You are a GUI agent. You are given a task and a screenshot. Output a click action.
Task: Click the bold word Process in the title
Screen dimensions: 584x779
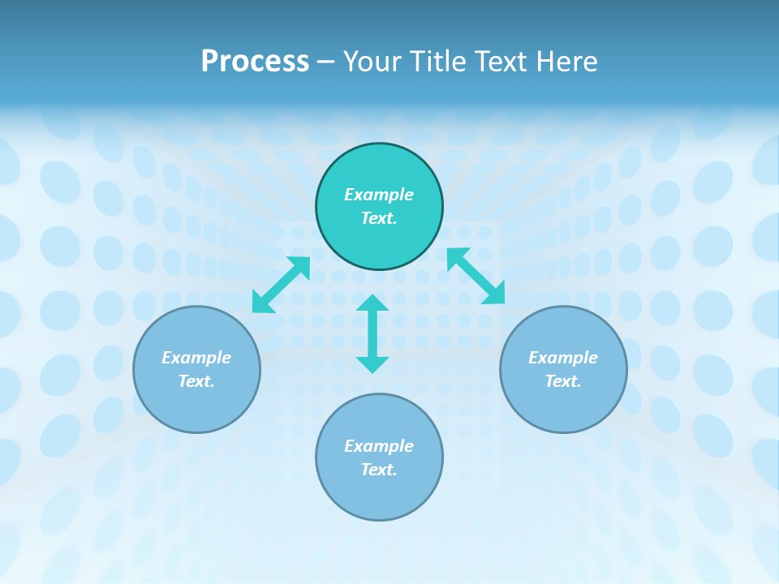255,62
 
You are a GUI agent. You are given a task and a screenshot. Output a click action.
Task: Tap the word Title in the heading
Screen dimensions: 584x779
435,62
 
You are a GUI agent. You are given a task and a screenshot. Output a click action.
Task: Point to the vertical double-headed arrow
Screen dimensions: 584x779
372,334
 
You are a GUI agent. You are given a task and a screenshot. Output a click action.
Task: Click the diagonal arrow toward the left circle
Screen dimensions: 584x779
281,285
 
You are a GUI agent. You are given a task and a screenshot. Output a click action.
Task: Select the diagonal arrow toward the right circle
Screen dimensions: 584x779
476,276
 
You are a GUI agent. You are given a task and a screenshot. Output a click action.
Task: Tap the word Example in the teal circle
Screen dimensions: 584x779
379,195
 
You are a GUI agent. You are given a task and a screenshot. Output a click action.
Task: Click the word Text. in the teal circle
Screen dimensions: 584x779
379,218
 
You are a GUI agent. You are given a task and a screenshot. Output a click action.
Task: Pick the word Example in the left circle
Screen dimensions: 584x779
196,358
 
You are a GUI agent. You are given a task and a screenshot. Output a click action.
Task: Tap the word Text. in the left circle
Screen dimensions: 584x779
196,381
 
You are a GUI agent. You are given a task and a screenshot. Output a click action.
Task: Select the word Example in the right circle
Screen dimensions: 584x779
563,358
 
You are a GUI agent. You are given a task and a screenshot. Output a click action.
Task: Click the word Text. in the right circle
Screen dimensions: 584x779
563,381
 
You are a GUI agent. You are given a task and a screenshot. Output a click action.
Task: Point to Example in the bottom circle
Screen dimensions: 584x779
379,446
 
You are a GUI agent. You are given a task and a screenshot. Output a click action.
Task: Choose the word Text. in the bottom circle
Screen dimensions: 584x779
379,470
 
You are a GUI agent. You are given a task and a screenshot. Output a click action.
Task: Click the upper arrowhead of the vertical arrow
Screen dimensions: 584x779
372,303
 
